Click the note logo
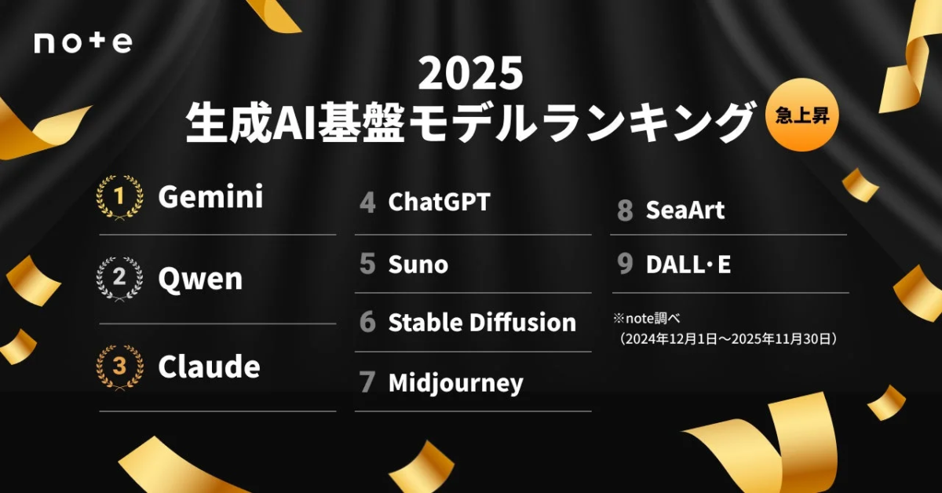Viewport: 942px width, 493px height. (x=82, y=42)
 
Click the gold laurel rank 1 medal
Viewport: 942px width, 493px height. (x=119, y=197)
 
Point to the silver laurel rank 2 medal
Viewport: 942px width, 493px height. (x=119, y=278)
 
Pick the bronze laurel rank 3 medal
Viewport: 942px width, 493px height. (x=119, y=366)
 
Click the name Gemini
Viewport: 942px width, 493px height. (x=210, y=197)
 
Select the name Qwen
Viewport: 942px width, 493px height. (x=200, y=279)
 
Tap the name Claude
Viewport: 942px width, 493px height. (x=209, y=366)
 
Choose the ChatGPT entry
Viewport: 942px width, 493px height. (x=439, y=203)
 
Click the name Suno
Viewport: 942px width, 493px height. (x=418, y=265)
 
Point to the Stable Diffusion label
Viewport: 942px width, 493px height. (x=482, y=323)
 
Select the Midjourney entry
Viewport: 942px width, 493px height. (x=455, y=383)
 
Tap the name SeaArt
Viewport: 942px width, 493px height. (x=685, y=210)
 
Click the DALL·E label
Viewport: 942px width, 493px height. (x=688, y=265)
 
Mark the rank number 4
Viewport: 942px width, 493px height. (x=367, y=203)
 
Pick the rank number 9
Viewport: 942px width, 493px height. (x=625, y=265)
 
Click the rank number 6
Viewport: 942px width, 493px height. (x=367, y=323)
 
